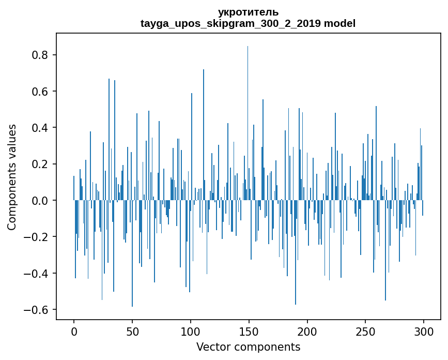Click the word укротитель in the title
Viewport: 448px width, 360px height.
[248, 12]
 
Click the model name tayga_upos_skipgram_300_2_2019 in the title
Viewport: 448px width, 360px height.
[231, 23]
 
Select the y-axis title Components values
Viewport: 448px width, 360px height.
[12, 177]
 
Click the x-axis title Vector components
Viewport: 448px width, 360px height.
[248, 347]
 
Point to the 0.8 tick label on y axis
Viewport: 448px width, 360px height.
[40, 55]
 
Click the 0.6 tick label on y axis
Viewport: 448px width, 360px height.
[40, 92]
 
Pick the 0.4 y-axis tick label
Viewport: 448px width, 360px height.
[40, 128]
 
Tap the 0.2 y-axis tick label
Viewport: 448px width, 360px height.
[40, 164]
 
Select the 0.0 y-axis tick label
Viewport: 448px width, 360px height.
[40, 201]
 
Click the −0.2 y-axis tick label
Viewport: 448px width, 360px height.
[37, 237]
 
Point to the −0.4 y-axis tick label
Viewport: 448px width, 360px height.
[37, 273]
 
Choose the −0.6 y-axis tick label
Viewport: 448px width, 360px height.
[37, 310]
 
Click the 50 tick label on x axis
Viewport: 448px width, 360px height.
[132, 331]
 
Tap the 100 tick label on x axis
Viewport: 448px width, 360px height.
[191, 331]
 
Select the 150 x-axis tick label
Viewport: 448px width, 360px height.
[249, 331]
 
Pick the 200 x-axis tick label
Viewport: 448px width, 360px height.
[307, 331]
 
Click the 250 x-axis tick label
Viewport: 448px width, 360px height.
[365, 331]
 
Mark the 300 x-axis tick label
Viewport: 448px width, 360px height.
[424, 331]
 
